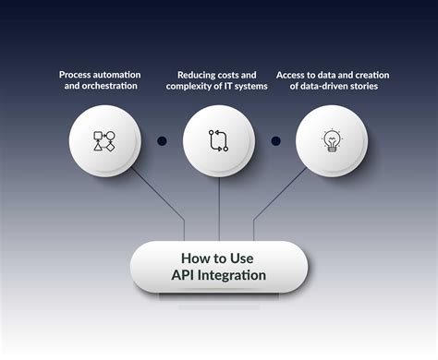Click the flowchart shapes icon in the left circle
(104, 140)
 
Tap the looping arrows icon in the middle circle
(218, 140)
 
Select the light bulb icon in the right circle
(332, 140)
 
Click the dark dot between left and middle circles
(162, 141)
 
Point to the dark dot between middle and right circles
(275, 141)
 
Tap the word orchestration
(115, 87)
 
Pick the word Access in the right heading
(295, 74)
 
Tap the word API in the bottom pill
(183, 275)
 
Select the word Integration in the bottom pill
(232, 275)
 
